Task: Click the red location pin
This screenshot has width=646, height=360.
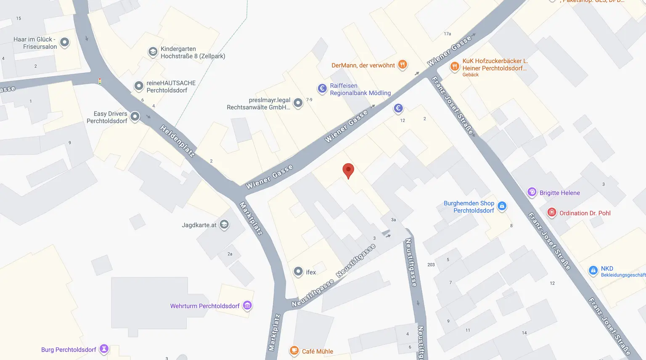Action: tap(348, 170)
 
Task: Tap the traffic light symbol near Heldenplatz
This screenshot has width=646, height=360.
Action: tap(100, 81)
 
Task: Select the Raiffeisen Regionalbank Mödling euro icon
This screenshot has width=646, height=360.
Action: tap(322, 88)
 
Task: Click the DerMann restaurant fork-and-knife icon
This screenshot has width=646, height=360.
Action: tap(402, 64)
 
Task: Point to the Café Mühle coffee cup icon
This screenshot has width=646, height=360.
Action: tap(294, 351)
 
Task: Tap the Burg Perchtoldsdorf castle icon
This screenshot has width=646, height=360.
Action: tap(104, 349)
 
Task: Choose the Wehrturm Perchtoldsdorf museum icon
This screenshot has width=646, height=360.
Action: tap(248, 305)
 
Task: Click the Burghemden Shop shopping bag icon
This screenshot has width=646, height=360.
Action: tap(502, 206)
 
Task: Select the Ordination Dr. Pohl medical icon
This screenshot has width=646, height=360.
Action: tap(552, 212)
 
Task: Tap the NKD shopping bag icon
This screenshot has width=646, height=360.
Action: tap(593, 270)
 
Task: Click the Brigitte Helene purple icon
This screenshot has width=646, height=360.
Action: tap(532, 192)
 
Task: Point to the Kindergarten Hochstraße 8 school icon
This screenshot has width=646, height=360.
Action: tap(153, 52)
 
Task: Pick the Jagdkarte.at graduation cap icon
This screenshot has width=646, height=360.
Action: tap(224, 225)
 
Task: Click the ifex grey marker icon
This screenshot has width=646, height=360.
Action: tap(298, 272)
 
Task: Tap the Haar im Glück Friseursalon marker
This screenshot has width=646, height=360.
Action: tap(64, 42)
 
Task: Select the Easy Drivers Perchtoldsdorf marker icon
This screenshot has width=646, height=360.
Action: tap(135, 116)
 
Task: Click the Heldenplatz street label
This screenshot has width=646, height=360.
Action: tap(177, 141)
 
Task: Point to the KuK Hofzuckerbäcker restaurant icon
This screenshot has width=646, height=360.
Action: tap(455, 66)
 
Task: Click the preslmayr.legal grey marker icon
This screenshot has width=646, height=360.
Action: tap(298, 103)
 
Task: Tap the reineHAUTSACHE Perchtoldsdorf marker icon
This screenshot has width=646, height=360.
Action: tap(139, 86)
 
